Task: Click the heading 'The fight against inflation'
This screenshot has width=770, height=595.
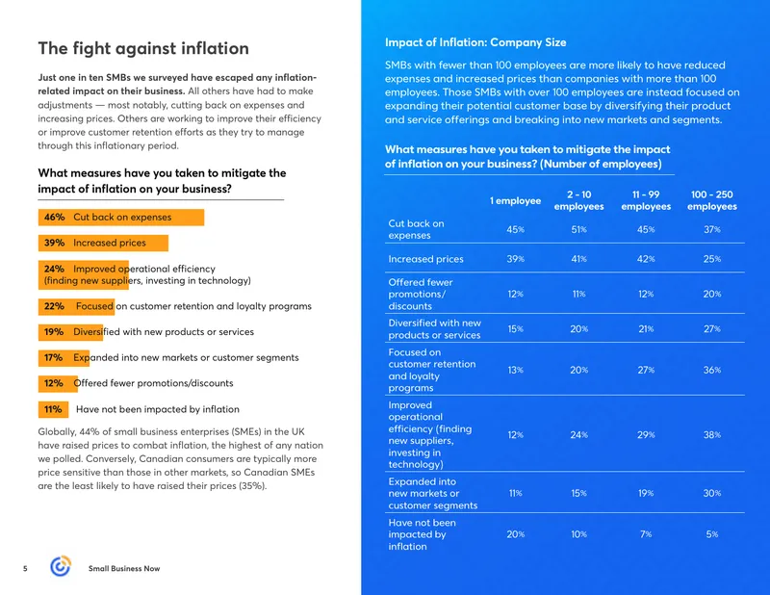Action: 143,49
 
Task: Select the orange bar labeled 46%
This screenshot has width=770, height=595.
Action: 121,218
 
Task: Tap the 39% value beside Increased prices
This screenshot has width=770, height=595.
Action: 54,243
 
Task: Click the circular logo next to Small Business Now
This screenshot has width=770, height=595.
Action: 61,566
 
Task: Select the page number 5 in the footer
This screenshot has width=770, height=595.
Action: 25,568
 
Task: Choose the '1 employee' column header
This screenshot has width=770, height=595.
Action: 515,200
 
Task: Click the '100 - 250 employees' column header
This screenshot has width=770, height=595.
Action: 712,200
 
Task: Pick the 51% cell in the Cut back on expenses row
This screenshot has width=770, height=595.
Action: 579,229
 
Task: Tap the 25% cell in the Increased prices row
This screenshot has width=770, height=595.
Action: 712,259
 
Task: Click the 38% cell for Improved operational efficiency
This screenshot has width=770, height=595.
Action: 712,435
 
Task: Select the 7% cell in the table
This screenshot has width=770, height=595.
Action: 646,534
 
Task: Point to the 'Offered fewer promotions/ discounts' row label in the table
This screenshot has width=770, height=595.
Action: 421,295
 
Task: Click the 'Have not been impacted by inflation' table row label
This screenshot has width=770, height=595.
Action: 422,534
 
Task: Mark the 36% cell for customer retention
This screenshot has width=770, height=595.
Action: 712,370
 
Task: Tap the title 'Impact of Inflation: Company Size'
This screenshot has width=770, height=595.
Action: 475,42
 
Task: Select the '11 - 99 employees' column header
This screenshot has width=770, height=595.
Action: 646,200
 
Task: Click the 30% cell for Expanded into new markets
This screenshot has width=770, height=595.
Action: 712,493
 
